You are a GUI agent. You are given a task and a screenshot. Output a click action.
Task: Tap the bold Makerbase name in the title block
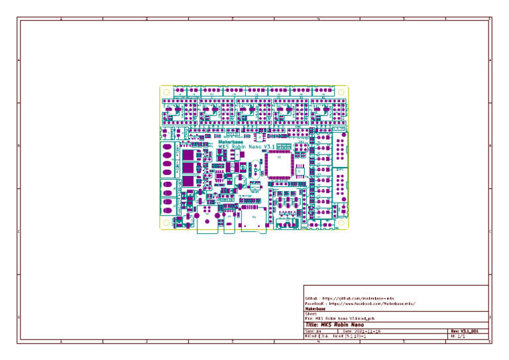click(315, 309)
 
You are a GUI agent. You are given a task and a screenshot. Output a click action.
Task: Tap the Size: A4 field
click(313, 331)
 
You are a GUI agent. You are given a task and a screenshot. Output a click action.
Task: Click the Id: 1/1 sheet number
click(459, 336)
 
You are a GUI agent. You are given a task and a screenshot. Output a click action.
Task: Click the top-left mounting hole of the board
click(167, 92)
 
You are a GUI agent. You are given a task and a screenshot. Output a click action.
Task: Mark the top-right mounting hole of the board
click(341, 92)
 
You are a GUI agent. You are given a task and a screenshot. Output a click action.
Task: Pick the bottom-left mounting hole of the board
click(167, 223)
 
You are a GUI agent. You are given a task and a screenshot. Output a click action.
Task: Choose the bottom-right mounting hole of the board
click(341, 223)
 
